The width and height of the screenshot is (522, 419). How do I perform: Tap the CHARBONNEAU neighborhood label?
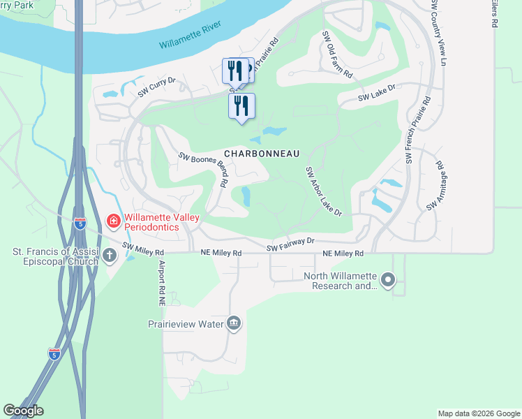(x=262, y=153)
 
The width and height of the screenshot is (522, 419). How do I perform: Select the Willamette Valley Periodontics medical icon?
(x=112, y=221)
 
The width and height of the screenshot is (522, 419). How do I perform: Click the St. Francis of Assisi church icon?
(x=109, y=256)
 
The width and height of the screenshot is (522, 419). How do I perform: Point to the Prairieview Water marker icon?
(x=234, y=323)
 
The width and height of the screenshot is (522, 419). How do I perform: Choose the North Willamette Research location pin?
(x=389, y=281)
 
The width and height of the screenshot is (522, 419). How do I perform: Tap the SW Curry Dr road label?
(x=156, y=87)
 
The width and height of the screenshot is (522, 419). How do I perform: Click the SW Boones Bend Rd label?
(x=204, y=170)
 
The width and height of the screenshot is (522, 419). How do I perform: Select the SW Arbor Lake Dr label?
(x=323, y=191)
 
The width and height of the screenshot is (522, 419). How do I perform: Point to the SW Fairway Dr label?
(x=291, y=244)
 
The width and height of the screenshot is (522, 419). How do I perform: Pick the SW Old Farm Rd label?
(x=337, y=54)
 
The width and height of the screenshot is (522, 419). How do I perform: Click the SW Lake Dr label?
(x=377, y=93)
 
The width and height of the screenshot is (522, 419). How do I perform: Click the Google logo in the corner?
(x=23, y=411)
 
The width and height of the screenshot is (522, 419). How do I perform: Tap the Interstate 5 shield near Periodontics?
(x=81, y=223)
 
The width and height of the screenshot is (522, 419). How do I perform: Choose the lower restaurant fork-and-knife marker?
(x=241, y=106)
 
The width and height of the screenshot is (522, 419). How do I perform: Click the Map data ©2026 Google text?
(x=479, y=413)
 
